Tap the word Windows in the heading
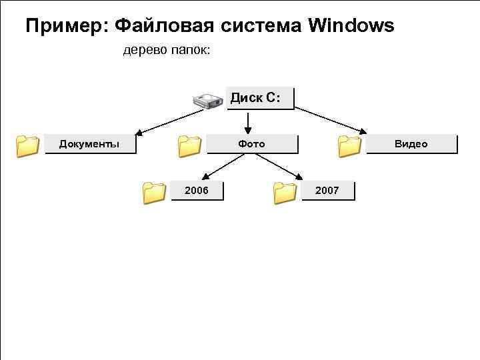[351, 26]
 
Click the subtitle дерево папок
[167, 51]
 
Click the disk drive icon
[207, 101]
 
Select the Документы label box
[90, 144]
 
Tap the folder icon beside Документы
[27, 145]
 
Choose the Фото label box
[252, 144]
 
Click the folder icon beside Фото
[189, 145]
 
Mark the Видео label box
[411, 144]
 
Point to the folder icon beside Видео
[349, 145]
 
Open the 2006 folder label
[197, 191]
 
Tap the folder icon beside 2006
[154, 193]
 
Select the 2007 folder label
[327, 191]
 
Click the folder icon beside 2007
[285, 193]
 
